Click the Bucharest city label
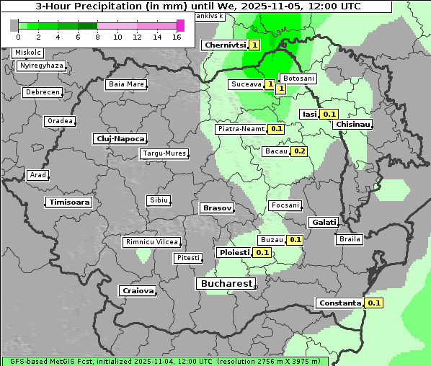click(226, 284)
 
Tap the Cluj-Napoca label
click(120, 138)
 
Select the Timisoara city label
click(69, 202)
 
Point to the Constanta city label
click(339, 303)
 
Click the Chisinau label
click(352, 125)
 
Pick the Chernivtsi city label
click(225, 45)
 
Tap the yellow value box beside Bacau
click(299, 151)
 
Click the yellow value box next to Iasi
click(329, 114)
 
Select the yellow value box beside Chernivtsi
click(254, 45)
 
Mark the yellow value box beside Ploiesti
click(262, 253)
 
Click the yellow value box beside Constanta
click(373, 303)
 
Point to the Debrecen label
click(42, 93)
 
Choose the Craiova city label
click(138, 291)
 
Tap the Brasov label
click(216, 207)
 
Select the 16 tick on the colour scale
click(177, 37)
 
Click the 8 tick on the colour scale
click(97, 37)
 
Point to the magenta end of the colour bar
click(180, 25)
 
